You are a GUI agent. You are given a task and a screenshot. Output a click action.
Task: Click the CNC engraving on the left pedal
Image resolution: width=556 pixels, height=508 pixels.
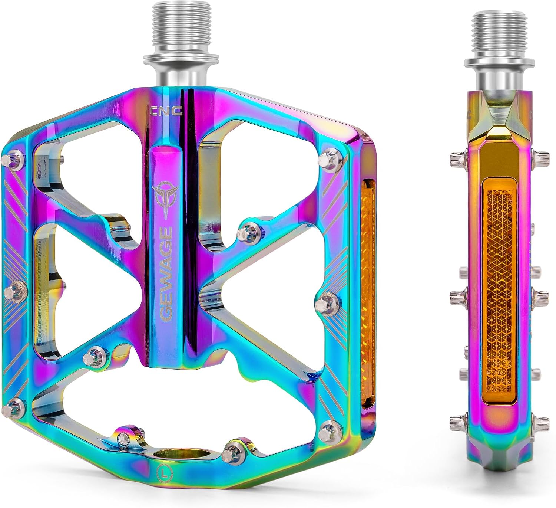[x=166, y=111]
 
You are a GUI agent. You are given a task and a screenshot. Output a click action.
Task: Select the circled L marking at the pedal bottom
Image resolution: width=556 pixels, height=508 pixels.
[x=163, y=472]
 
